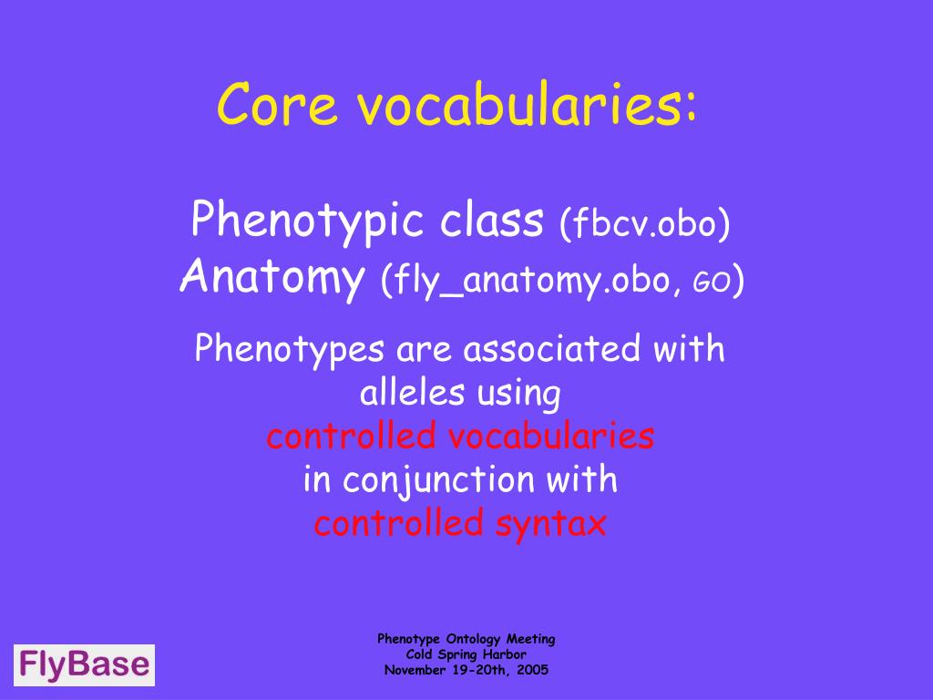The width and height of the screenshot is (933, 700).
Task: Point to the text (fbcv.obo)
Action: pos(645,223)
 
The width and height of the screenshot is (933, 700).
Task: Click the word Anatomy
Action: pos(271,278)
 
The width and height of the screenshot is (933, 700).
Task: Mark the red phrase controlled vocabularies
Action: pos(460,437)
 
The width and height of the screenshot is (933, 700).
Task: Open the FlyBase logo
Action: pos(84,664)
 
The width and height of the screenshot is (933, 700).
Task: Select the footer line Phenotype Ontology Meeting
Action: pos(466,640)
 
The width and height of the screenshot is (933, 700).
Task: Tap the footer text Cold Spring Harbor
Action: pos(466,654)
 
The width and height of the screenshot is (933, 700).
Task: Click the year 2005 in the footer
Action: pos(531,669)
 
